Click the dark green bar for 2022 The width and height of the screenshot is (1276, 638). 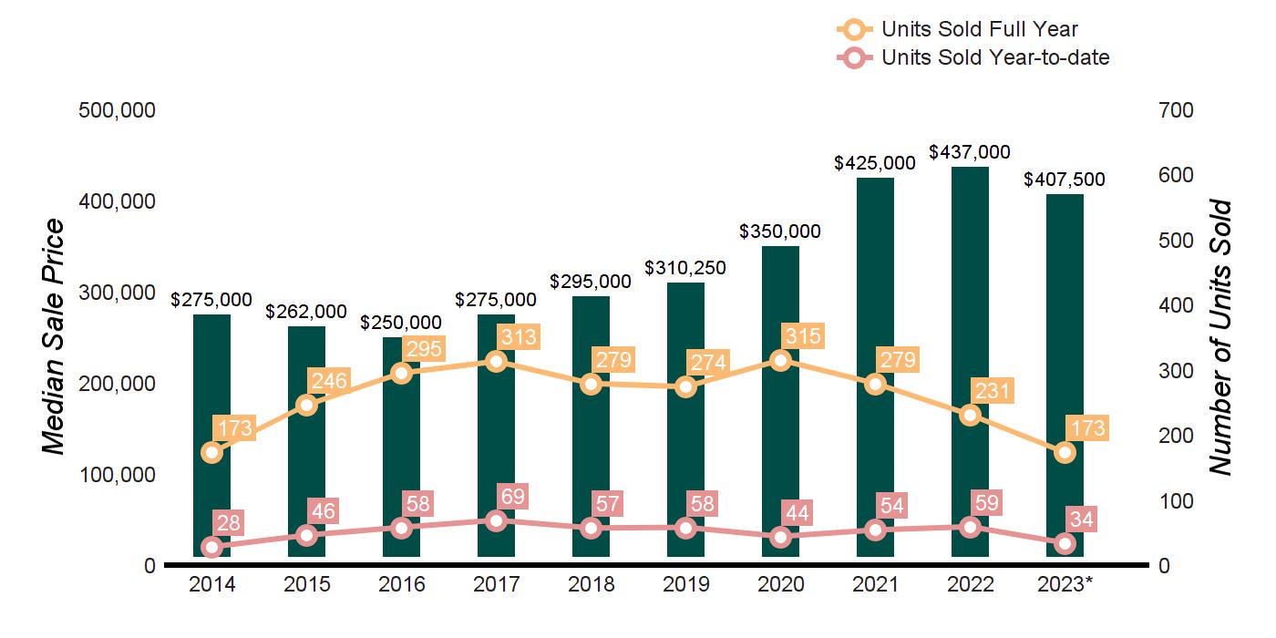point(970,273)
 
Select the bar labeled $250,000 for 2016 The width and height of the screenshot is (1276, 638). point(401,456)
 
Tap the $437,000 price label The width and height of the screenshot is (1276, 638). point(969,152)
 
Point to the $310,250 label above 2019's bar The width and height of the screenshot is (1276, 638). point(685,268)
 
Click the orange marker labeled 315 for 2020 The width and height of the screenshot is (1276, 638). point(780,360)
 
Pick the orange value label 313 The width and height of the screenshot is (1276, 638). point(518,337)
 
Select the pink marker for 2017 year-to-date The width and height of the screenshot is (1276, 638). point(496,520)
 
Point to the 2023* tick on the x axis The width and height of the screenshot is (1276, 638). point(1065,584)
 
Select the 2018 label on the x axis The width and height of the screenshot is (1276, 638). point(591,584)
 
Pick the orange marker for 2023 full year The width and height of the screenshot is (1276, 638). point(1065,452)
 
